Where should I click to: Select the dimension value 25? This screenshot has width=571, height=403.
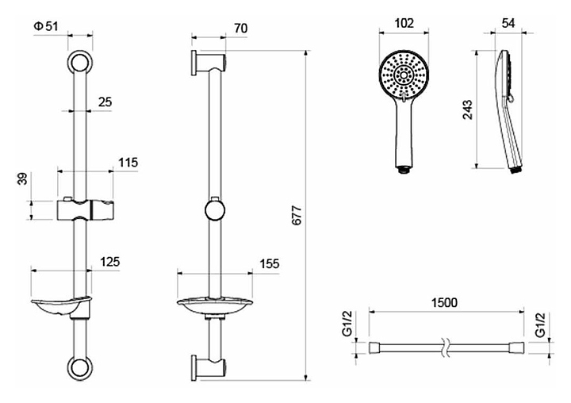coord(105,102)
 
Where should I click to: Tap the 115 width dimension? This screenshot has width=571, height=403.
coord(128,163)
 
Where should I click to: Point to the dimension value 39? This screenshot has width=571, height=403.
coord(23,180)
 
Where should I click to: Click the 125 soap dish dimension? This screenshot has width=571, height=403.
coord(110,262)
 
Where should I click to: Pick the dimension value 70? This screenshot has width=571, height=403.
coord(241,29)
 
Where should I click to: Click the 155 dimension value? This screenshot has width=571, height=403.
coord(269,264)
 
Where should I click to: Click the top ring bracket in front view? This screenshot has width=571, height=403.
coord(80,63)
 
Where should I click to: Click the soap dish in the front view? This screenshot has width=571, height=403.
coord(61,304)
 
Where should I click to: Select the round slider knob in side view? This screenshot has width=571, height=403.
coord(213,211)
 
